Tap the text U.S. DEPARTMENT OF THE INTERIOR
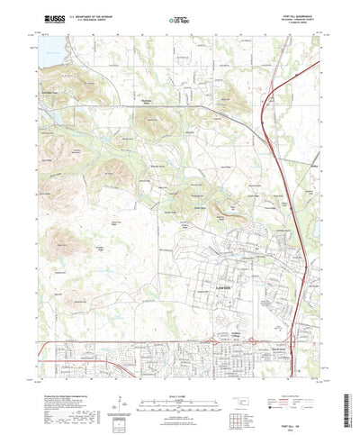point(94,16)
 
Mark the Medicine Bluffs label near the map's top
point(142,102)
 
